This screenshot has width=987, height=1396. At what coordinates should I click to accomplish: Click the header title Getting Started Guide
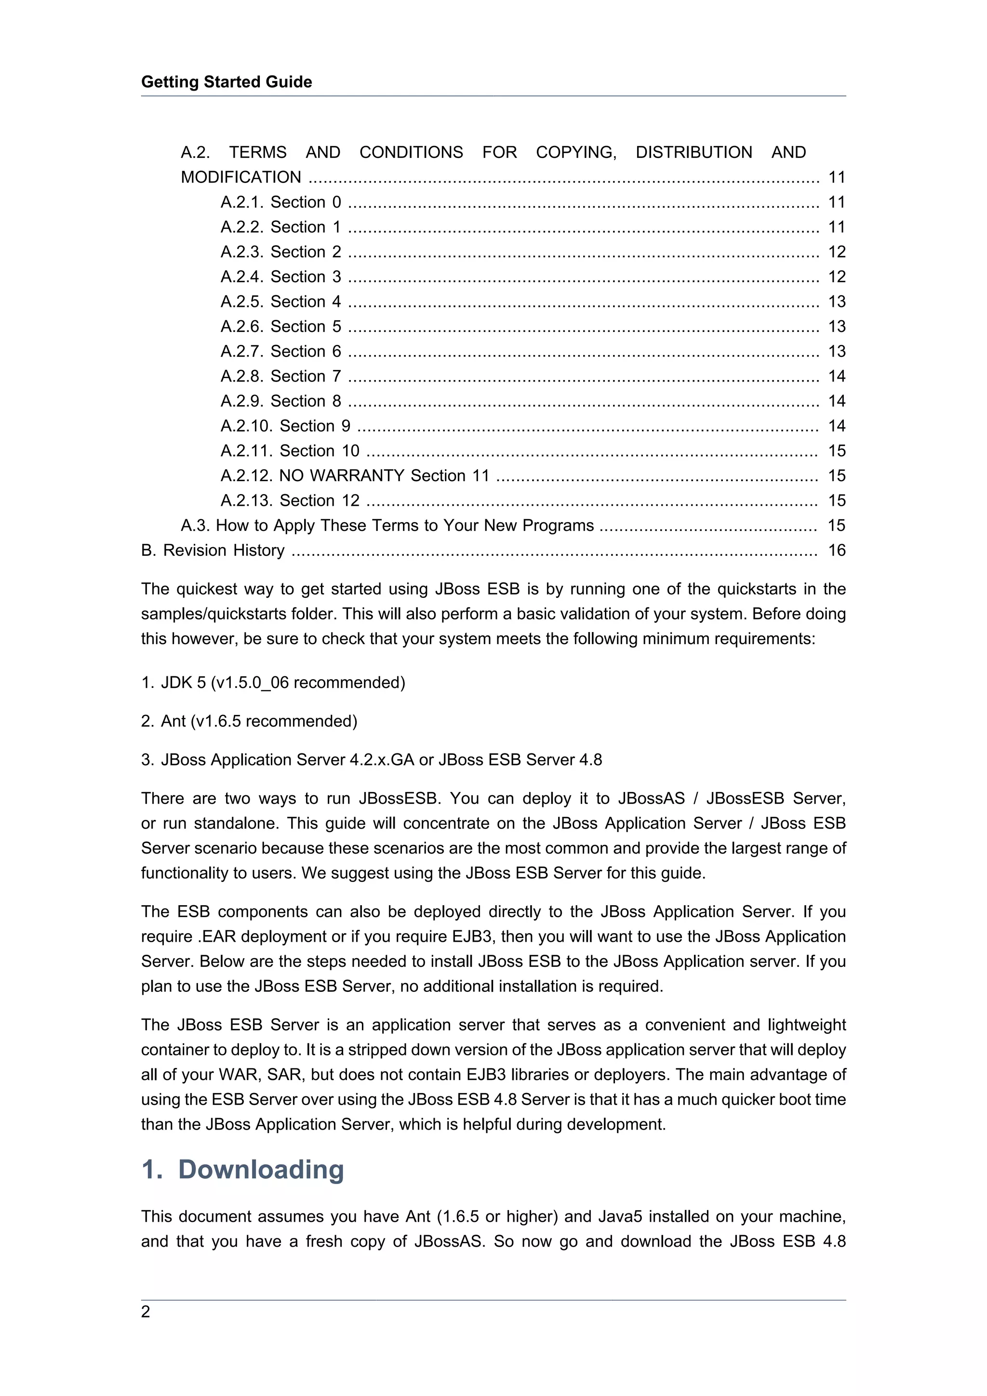pos(226,82)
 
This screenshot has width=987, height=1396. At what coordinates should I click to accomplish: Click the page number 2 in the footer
pos(146,1312)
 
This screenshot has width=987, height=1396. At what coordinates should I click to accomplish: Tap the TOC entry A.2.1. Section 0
pos(280,202)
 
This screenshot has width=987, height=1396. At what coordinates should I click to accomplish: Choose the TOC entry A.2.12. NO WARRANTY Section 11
pos(355,475)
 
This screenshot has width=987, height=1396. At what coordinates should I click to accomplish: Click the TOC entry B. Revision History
pos(213,550)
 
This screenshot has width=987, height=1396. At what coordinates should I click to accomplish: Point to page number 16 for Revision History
pos(837,550)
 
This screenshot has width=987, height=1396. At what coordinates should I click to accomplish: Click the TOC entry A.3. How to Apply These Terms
pos(387,526)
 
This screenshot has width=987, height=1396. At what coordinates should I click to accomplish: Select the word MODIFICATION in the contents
pos(241,177)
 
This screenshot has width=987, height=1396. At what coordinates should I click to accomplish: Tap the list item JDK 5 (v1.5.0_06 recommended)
pos(273,683)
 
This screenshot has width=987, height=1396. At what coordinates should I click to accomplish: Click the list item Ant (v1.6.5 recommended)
pos(249,721)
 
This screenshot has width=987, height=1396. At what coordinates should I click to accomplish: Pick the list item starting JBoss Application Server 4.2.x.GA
pos(372,760)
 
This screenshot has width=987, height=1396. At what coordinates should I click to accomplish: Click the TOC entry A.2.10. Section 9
pos(285,426)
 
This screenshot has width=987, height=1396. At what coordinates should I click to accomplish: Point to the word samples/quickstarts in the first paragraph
pos(207,614)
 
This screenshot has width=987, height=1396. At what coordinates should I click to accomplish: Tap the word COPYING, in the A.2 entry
pos(576,152)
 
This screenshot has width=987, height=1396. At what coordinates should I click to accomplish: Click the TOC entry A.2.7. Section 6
pos(280,352)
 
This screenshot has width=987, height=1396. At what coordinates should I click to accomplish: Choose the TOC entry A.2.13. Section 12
pos(290,500)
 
